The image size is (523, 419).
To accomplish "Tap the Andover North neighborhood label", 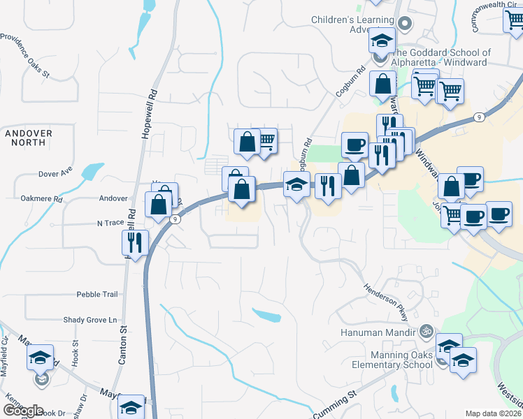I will tap(29, 138).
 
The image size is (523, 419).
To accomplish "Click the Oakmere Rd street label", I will tap(41, 199).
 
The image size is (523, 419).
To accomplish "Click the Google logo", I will tap(23, 411).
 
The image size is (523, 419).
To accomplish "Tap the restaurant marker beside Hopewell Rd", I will tap(136, 242).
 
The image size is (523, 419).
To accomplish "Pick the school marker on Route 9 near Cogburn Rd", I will tap(296, 185).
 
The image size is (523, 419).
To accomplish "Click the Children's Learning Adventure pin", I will tap(403, 24).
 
